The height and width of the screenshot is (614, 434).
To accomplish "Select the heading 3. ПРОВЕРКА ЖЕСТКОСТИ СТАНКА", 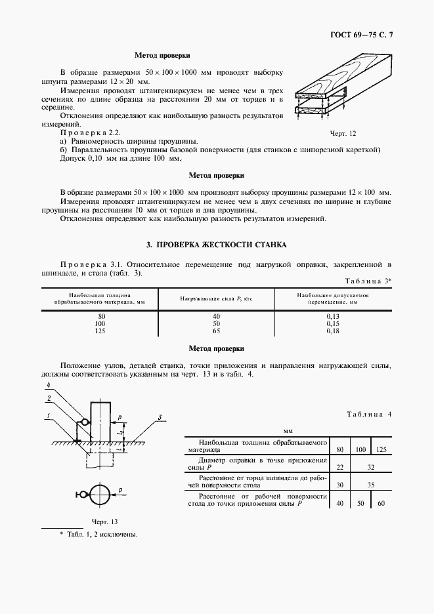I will [216, 244].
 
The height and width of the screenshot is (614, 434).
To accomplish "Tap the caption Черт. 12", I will [343, 134].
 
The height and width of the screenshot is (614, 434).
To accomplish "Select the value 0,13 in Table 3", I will [333, 316].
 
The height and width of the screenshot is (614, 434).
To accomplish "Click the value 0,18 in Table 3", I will [333, 332].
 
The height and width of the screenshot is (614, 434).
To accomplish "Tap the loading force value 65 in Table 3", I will [217, 332].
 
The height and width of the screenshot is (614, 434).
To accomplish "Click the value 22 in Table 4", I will [339, 467].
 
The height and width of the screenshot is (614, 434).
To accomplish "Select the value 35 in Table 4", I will [371, 485].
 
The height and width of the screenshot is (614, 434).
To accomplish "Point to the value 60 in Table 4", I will [381, 503].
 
